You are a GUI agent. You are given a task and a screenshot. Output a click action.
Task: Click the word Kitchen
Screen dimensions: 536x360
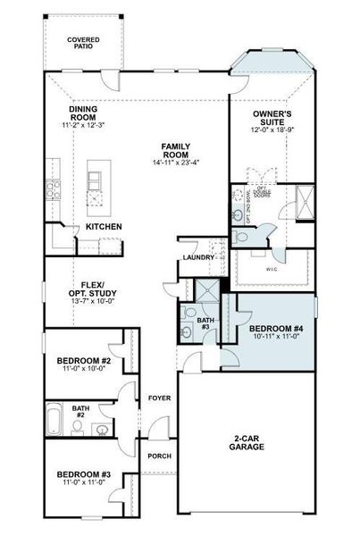tap(104, 227)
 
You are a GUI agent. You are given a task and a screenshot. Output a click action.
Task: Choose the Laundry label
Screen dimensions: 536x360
tap(197, 258)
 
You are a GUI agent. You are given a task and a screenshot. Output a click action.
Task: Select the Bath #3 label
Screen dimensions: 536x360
tap(204, 323)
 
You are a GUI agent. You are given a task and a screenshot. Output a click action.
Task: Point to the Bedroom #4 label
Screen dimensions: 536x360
tap(278, 329)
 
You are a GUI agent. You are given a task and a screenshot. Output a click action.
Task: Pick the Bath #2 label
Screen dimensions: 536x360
tap(79, 412)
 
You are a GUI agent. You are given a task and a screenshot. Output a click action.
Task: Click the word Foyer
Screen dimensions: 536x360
tap(159, 399)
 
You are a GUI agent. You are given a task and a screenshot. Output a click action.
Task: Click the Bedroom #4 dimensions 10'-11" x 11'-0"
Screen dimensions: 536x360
tap(278, 339)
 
